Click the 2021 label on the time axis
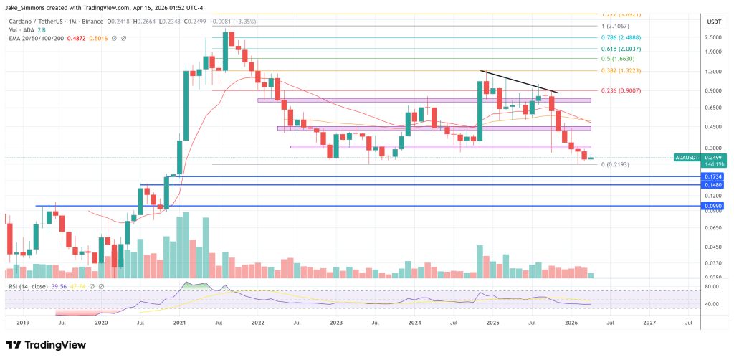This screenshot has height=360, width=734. pyautogui.click(x=179, y=323)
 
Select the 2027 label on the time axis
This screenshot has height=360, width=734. pyautogui.click(x=649, y=323)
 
